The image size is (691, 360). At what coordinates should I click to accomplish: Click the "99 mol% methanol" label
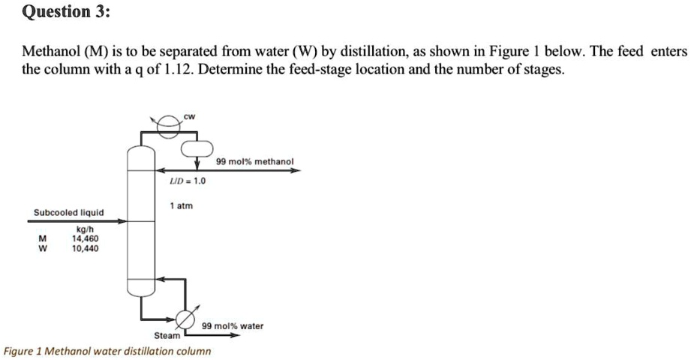(x=254, y=161)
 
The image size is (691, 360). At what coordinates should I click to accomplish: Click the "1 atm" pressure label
(x=181, y=205)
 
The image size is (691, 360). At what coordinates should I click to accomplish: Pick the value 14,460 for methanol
(x=85, y=238)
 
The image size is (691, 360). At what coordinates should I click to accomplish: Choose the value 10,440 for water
(x=85, y=247)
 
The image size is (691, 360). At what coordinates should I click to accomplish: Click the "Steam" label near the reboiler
(x=167, y=335)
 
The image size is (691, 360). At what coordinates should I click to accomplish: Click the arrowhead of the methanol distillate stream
(x=296, y=170)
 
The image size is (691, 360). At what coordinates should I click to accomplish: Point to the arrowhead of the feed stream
(x=122, y=221)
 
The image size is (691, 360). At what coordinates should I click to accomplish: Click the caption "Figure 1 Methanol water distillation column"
(x=107, y=351)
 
